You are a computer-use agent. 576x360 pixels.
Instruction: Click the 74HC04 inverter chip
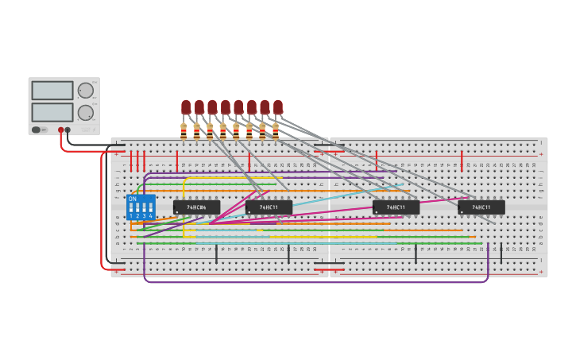coord(196,207)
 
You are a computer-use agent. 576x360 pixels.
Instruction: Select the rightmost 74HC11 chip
coord(481,207)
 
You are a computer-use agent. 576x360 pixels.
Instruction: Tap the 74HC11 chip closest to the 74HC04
coord(269,207)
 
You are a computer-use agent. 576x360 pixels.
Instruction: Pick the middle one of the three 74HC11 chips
coord(396,207)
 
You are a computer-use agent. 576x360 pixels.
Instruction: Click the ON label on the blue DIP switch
coord(133,199)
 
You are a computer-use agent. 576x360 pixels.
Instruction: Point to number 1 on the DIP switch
coord(131,215)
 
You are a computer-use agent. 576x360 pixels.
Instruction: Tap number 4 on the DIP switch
coord(150,215)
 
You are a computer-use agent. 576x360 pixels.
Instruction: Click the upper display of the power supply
coord(52,91)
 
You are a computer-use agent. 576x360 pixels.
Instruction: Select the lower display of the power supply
coord(52,111)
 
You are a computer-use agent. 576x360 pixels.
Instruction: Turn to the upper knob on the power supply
coord(85,91)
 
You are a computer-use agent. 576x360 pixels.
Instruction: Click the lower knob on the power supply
coord(85,112)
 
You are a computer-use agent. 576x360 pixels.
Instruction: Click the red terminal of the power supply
coord(60,130)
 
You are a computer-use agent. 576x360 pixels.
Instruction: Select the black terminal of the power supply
coord(68,130)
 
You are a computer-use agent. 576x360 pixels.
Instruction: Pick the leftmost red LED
coord(186,106)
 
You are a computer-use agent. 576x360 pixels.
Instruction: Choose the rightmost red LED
coord(278,106)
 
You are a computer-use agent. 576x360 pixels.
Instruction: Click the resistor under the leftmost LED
coord(184,131)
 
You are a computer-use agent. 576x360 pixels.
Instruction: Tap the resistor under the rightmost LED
coord(276,131)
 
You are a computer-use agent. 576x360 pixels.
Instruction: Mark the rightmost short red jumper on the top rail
coord(462,161)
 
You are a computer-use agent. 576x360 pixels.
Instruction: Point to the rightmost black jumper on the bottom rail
coord(501,254)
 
